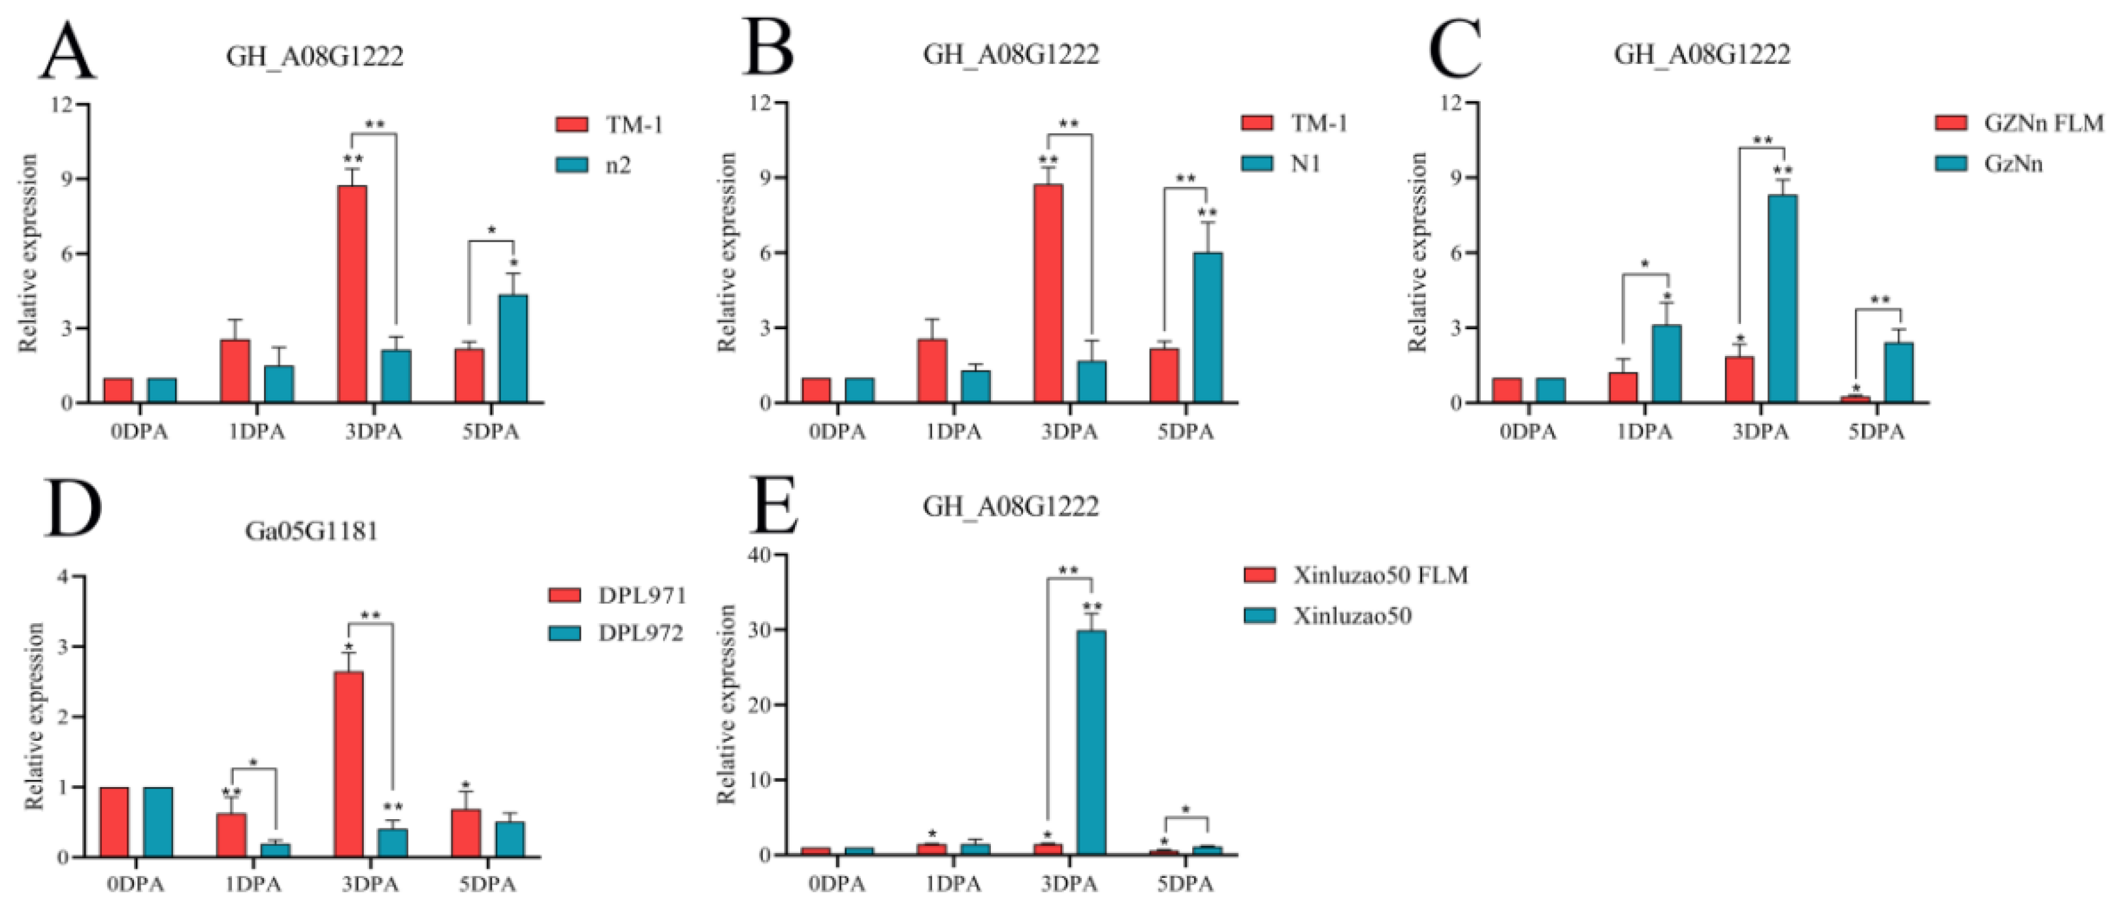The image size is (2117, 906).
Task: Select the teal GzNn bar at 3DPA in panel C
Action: [x=1782, y=299]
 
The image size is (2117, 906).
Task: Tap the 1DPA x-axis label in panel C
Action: [x=1645, y=432]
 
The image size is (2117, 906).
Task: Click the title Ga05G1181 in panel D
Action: [x=312, y=531]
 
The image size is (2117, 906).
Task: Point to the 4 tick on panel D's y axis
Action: [x=63, y=577]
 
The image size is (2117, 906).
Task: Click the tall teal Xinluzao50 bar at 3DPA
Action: [x=1091, y=743]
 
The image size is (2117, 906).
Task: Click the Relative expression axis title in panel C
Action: [x=1417, y=252]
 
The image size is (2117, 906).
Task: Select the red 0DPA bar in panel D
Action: [x=114, y=822]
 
